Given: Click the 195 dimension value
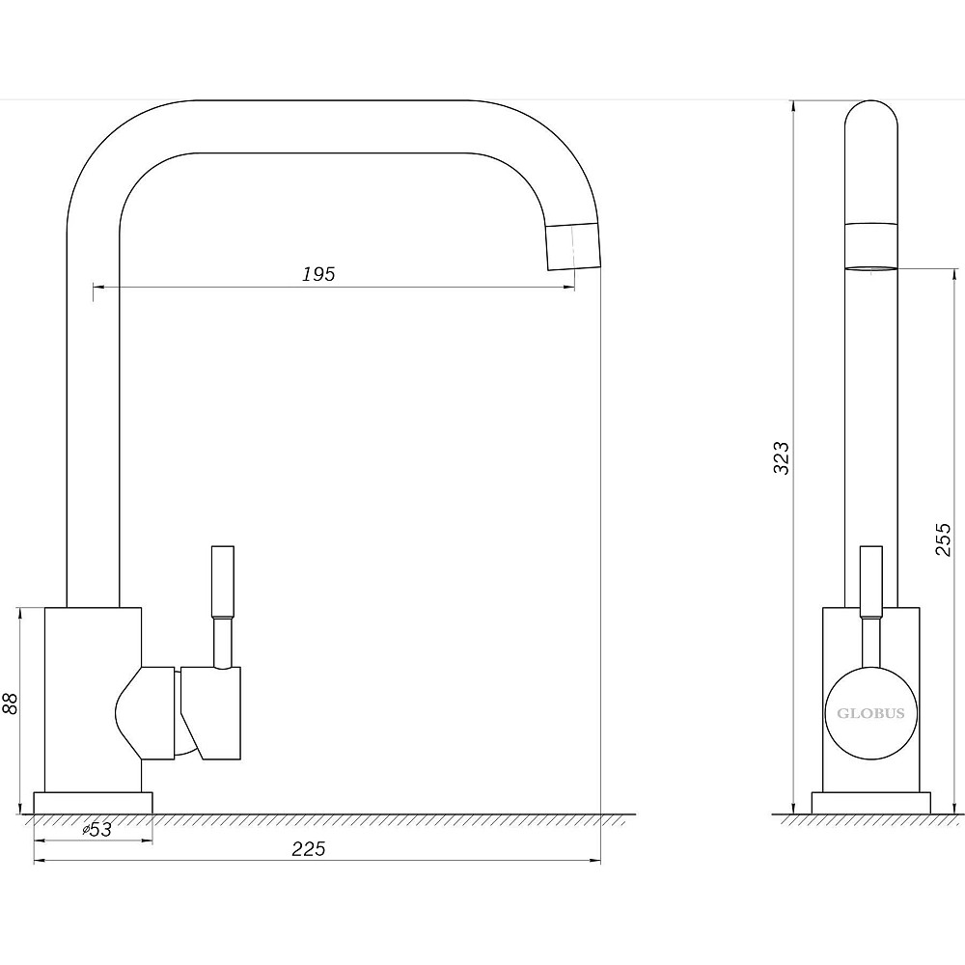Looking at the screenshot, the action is pyautogui.click(x=318, y=274).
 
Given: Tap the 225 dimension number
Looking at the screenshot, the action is pyautogui.click(x=309, y=849).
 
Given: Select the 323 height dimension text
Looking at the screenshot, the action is pyautogui.click(x=781, y=457).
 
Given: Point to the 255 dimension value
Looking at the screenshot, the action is pyautogui.click(x=944, y=539).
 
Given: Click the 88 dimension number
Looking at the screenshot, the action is pyautogui.click(x=10, y=703).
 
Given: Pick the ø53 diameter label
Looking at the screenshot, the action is pyautogui.click(x=97, y=830).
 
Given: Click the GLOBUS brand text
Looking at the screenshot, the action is pyautogui.click(x=870, y=713).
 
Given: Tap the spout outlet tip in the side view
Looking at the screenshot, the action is pyautogui.click(x=870, y=268).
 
